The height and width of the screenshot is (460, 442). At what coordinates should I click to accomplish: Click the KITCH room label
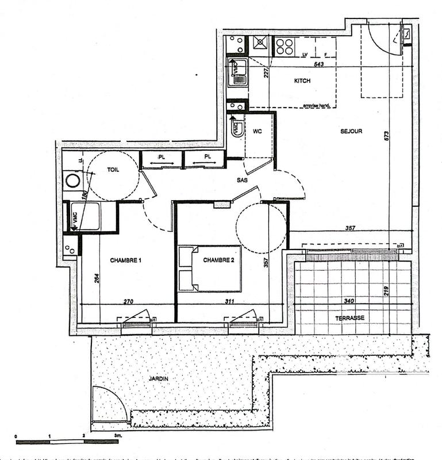302,81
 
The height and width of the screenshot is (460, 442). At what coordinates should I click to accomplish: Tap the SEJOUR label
350,131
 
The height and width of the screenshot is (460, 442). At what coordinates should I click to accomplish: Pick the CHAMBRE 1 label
125,260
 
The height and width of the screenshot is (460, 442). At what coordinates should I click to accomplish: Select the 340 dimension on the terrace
348,300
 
